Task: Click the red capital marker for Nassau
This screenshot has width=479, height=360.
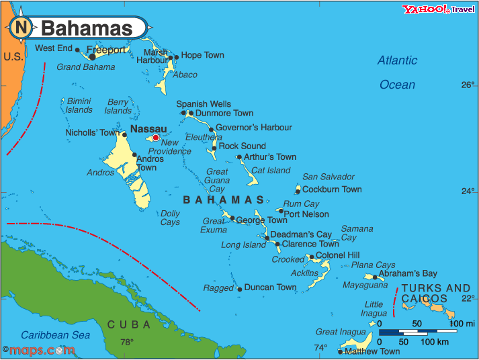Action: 156,138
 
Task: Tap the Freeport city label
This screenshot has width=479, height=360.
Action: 105,50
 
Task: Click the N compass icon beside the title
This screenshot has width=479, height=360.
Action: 21,28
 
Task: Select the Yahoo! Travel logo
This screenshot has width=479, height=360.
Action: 438,9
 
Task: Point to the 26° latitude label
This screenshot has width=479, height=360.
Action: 467,85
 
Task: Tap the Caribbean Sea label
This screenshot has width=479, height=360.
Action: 55,335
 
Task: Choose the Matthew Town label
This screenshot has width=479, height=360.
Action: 372,351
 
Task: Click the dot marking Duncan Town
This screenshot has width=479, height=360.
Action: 240,289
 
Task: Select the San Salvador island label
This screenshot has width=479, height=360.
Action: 328,177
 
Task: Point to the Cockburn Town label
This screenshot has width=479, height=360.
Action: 332,189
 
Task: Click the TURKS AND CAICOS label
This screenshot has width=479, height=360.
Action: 435,294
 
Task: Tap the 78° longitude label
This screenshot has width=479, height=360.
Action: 126,342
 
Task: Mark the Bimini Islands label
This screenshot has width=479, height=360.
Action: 79,105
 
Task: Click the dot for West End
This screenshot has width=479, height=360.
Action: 77,50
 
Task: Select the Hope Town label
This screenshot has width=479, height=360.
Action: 202,55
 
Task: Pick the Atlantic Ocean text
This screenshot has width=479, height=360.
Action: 397,73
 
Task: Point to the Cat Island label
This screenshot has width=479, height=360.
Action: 271,171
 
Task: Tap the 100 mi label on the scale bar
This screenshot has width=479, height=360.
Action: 462,324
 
